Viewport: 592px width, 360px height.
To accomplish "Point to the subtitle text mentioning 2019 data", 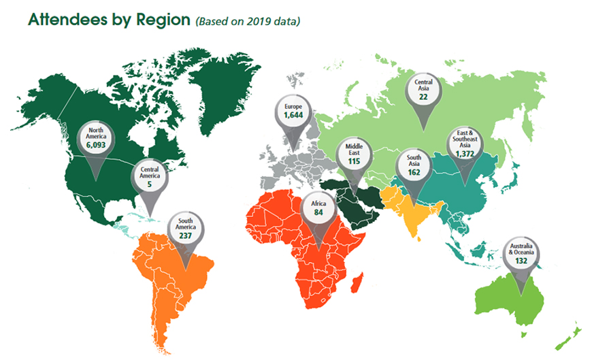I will (x=248, y=21).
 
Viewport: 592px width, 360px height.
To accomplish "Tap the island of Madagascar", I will (x=361, y=284).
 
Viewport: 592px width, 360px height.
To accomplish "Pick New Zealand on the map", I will (x=574, y=333).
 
